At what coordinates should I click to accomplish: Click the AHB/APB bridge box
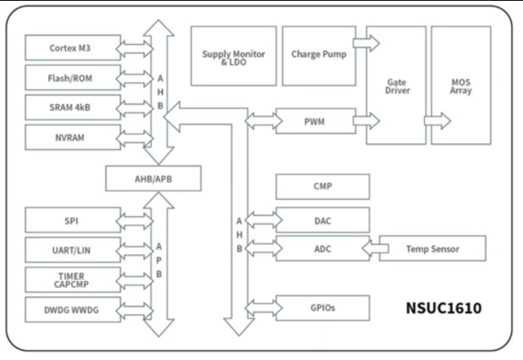tap(152, 178)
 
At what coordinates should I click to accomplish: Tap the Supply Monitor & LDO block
tap(233, 55)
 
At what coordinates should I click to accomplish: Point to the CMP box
tap(323, 186)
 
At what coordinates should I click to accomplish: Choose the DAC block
tap(323, 220)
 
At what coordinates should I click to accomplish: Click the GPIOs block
tap(323, 307)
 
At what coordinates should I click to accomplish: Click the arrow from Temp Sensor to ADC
tap(375, 249)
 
